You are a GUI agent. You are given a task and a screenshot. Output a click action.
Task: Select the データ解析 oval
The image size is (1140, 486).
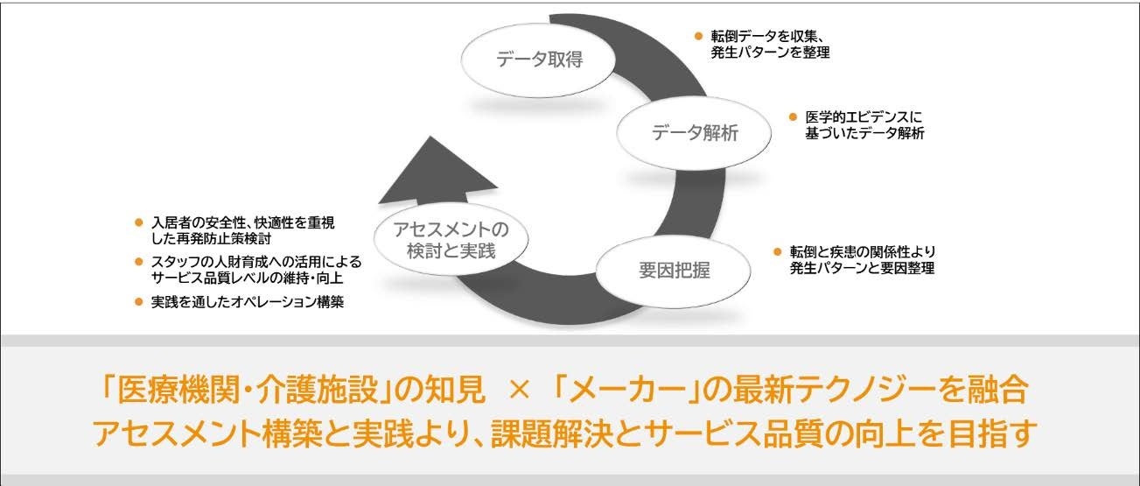point(695,133)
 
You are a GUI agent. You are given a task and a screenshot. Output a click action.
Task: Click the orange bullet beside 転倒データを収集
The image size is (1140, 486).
point(698,36)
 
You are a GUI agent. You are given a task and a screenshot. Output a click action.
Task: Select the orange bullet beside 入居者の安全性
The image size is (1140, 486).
point(137,223)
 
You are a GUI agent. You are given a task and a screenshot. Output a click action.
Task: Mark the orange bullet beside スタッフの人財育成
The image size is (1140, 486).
point(137,262)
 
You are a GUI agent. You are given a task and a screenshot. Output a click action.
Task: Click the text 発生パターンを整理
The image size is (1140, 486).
point(770,53)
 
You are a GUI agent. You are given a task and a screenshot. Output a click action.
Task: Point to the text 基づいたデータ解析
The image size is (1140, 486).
point(864,133)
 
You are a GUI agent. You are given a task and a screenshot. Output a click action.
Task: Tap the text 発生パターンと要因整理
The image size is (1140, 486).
point(862,269)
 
